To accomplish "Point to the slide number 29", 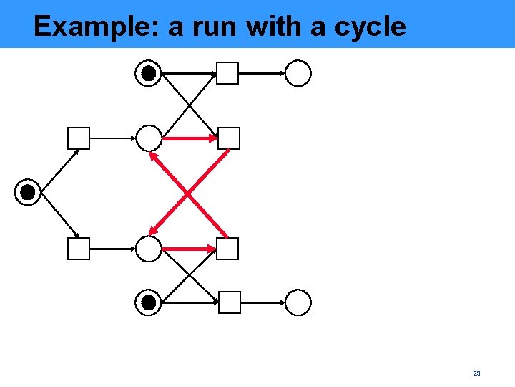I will tap(476, 373).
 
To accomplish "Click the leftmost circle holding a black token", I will tap(27, 192).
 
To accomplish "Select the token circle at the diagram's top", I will tap(149, 73).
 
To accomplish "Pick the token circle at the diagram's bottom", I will tap(149, 302).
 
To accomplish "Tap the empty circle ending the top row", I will tap(298, 73).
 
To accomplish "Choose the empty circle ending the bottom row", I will tap(298, 302).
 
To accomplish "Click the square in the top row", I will tap(227, 73).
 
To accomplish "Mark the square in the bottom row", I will tap(229, 302).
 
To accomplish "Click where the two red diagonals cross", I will tap(188, 193).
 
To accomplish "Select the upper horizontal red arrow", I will tap(189, 137).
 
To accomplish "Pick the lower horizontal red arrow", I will tap(189, 249).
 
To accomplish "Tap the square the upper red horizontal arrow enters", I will tap(229, 138).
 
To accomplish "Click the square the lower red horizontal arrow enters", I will tap(227, 249).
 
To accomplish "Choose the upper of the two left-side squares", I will tap(79, 138).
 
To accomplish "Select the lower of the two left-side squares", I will tap(79, 249).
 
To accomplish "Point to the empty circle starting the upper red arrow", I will tap(149, 137).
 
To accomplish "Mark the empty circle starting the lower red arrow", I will tap(149, 249).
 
